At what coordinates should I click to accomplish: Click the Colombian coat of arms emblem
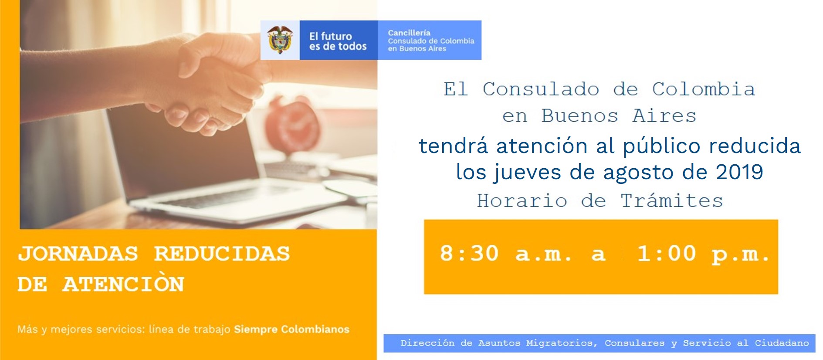[280, 40]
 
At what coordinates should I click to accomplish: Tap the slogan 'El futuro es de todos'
[338, 41]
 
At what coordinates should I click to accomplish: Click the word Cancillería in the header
[409, 33]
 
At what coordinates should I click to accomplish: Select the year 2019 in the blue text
[739, 172]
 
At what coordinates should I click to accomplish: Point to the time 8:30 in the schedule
[469, 253]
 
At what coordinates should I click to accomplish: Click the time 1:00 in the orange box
[667, 253]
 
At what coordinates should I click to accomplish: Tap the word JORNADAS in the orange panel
[78, 254]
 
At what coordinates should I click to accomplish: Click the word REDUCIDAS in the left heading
[222, 254]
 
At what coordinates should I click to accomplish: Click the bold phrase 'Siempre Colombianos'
[291, 329]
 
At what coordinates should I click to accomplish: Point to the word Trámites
[671, 200]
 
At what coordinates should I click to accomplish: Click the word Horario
[522, 201]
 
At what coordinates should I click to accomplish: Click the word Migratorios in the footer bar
[559, 343]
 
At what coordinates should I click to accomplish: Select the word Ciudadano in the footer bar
[782, 343]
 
